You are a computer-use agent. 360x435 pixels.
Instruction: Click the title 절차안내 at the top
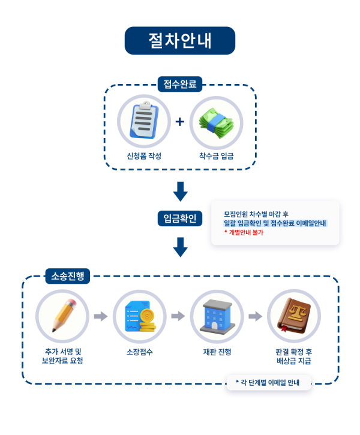point(180,40)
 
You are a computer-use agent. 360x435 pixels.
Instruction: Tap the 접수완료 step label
point(180,84)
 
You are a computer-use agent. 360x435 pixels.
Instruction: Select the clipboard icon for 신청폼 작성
point(144,121)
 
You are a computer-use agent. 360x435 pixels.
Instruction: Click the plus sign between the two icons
point(179,122)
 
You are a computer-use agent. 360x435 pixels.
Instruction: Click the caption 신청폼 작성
point(144,156)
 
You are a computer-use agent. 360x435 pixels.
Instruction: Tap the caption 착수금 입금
point(216,156)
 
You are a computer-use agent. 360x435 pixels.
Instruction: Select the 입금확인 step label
point(180,218)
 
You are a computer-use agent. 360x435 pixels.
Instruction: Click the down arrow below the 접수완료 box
point(180,191)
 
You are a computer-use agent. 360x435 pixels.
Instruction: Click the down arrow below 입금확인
point(180,247)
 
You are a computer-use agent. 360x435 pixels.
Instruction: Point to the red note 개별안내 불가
point(246,232)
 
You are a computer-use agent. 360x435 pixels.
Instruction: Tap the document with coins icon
point(139,316)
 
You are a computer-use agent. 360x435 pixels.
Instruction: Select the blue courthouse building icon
point(217,316)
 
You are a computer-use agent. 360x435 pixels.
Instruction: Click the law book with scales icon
point(293,316)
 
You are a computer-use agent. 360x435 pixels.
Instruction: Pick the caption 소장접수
point(139,352)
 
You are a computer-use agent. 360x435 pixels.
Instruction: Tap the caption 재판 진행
point(217,352)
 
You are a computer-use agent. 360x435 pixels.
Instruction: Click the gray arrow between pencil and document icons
point(101,316)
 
